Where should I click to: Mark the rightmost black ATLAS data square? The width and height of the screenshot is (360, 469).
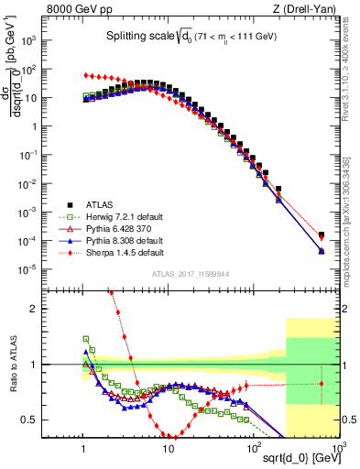(321, 234)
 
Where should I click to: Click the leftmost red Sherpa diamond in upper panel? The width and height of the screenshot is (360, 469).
(85, 75)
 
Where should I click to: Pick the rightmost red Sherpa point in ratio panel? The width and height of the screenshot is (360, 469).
(321, 384)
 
